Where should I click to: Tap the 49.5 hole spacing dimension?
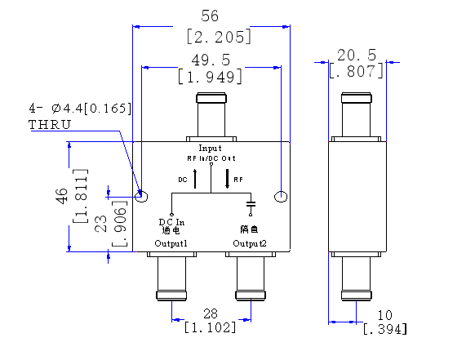[x=211, y=60]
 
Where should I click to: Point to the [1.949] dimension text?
[x=211, y=78]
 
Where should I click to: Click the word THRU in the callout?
[x=50, y=124]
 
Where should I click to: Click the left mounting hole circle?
[x=141, y=196]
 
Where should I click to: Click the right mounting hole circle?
[x=282, y=196]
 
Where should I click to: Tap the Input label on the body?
[x=211, y=148]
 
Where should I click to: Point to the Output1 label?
[x=171, y=243]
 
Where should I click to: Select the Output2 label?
[x=249, y=243]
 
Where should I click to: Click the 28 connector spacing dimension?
[x=210, y=313]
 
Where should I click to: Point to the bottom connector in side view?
[x=357, y=278]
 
